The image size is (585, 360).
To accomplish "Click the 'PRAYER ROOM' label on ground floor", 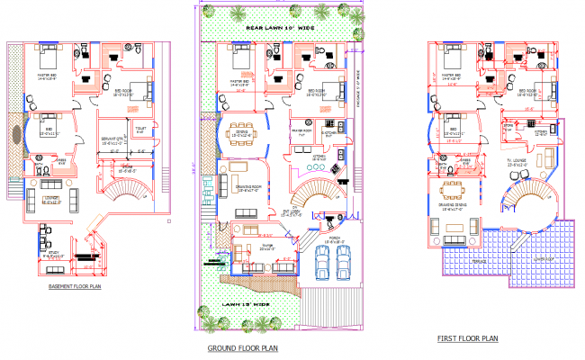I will pos(301,130).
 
